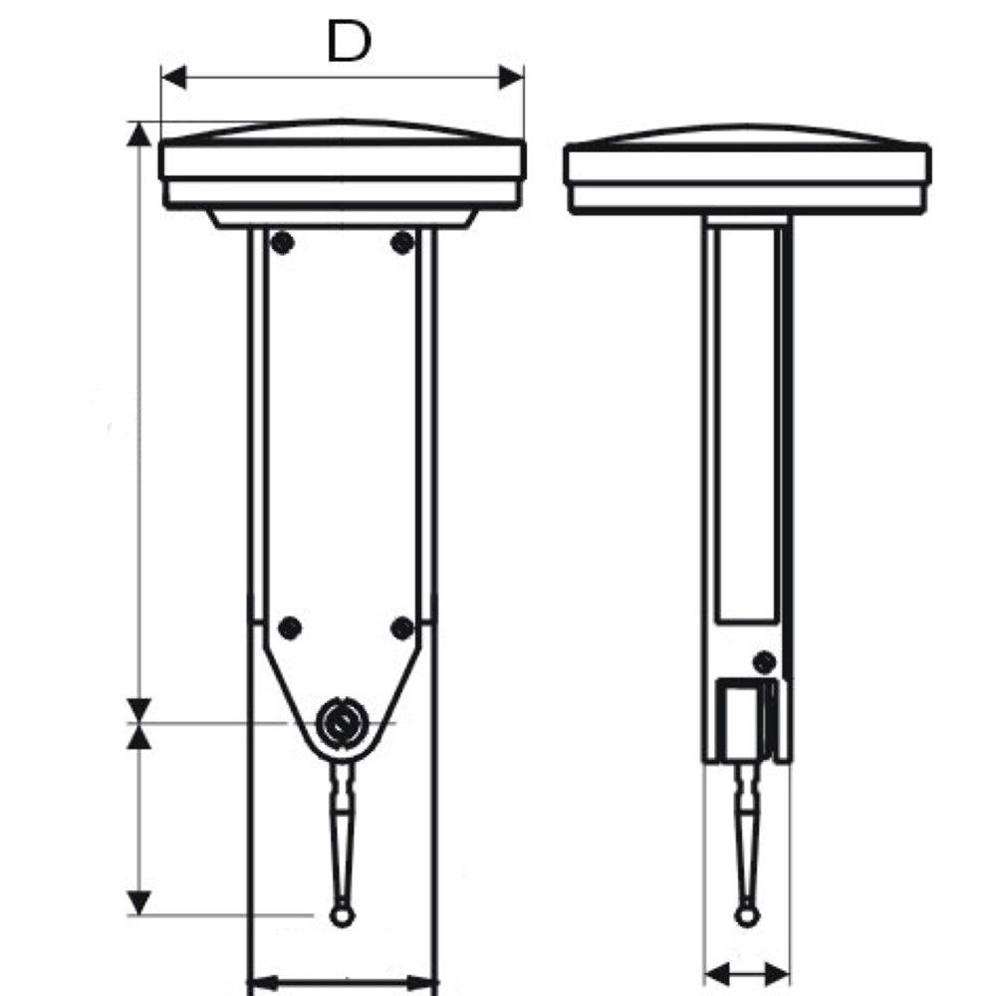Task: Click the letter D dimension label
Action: [x=348, y=41]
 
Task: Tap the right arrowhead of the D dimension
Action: [x=511, y=78]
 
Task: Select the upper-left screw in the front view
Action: [x=282, y=242]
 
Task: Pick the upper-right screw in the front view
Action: [x=402, y=242]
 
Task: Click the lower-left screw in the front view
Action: [x=290, y=628]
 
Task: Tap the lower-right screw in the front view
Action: [x=402, y=628]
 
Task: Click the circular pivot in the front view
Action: [x=342, y=723]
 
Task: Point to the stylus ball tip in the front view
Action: [x=342, y=915]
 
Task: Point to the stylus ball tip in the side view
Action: [x=746, y=915]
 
